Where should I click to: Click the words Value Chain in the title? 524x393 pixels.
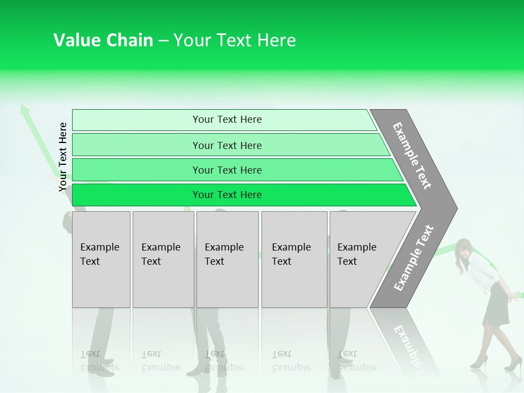coord(103,40)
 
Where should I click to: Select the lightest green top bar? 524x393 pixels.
coord(224,120)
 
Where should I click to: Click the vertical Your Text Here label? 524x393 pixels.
coord(63,157)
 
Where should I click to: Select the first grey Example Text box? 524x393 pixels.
coord(101,259)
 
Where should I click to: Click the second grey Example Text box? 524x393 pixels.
coord(163,259)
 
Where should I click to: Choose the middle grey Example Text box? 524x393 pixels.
coord(227,259)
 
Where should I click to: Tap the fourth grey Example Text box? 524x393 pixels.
coord(294,259)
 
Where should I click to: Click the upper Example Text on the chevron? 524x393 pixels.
coord(412,156)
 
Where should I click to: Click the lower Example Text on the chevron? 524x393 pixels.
coord(414,258)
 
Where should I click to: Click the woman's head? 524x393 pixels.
coord(465,251)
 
